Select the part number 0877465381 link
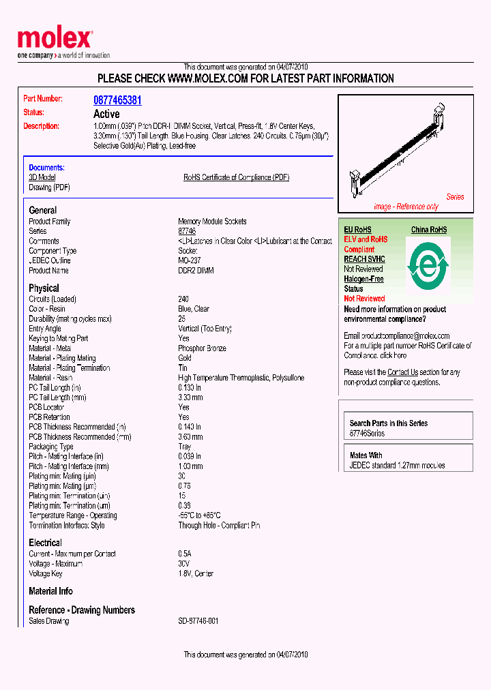click(x=117, y=100)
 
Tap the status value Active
click(x=106, y=114)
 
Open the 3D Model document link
click(x=42, y=177)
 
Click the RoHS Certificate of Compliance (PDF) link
click(x=236, y=177)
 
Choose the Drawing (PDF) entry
click(x=49, y=187)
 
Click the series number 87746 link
click(x=187, y=232)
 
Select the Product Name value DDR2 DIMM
click(x=196, y=271)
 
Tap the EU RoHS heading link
click(x=357, y=230)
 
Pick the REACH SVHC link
click(x=364, y=259)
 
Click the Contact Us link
click(x=402, y=372)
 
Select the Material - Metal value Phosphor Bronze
click(x=202, y=348)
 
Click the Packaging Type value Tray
click(x=185, y=447)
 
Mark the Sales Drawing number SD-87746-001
click(x=198, y=621)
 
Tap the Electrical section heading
click(x=45, y=543)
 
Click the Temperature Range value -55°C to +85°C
click(x=199, y=515)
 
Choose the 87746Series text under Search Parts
click(x=367, y=434)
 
